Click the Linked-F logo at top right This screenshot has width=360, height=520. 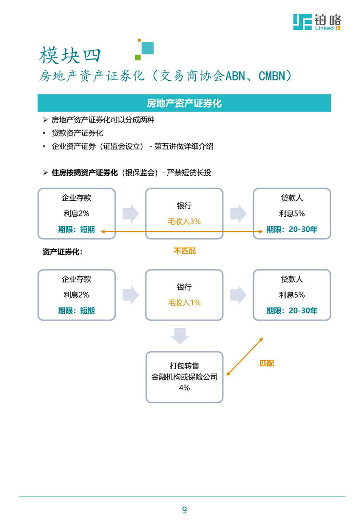pos(317,22)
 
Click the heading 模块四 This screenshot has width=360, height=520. pos(70,55)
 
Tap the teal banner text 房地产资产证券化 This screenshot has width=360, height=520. pos(184,103)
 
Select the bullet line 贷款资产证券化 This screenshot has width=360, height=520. pos(78,133)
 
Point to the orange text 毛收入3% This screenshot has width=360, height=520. pos(184,221)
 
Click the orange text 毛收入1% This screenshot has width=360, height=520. pos(184,302)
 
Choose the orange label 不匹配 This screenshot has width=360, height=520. pos(185,251)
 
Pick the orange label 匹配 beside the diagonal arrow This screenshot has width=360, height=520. pos(267,363)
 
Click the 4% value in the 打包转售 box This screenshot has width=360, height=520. pos(184,387)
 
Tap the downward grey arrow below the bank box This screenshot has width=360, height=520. pos(180,336)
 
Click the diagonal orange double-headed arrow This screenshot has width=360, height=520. pos(244,357)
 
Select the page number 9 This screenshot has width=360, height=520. pos(184,510)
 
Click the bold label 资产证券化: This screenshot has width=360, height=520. pos(62,252)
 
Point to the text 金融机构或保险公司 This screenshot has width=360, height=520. pos(184,376)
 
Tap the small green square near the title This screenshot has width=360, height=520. pos(138,57)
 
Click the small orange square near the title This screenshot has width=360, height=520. pos(139,40)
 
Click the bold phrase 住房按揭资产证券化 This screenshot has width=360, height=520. pos(85,172)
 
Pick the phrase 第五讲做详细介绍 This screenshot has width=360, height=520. pos(183,146)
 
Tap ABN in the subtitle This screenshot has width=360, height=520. pos(235,76)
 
